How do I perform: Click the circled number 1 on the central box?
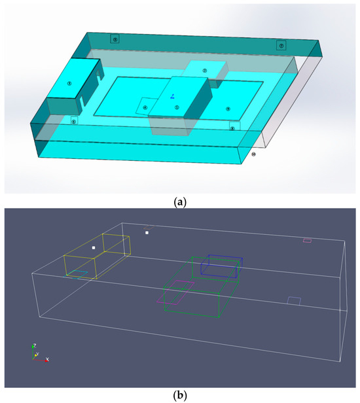point(177,107)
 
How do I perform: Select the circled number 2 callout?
point(205,71)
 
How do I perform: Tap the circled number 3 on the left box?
point(69,82)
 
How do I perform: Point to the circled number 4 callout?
point(145,108)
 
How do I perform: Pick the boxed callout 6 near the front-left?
point(74,121)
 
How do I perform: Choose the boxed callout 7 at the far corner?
point(281,45)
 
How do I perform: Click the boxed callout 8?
point(232,128)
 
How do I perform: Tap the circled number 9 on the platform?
point(228,109)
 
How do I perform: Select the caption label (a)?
point(179,202)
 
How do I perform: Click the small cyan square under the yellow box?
point(79,273)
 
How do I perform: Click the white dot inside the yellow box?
point(94,248)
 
